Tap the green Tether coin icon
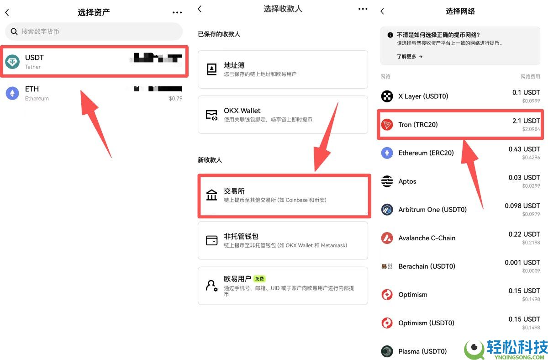[12, 62]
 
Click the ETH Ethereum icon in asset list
[12, 93]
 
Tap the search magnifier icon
[14, 32]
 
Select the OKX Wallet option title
[242, 111]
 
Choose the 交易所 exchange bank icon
[212, 195]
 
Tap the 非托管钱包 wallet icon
[212, 240]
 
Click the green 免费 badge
[259, 279]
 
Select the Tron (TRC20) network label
[418, 125]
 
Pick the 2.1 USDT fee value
[526, 121]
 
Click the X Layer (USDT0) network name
[423, 96]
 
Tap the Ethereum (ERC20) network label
[426, 153]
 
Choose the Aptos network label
[407, 181]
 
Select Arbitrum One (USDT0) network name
[432, 210]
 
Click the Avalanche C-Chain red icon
[387, 238]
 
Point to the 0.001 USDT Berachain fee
[522, 263]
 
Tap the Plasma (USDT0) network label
[422, 351]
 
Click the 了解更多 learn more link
[410, 57]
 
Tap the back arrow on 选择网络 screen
[382, 11]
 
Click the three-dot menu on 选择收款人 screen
[363, 9]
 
